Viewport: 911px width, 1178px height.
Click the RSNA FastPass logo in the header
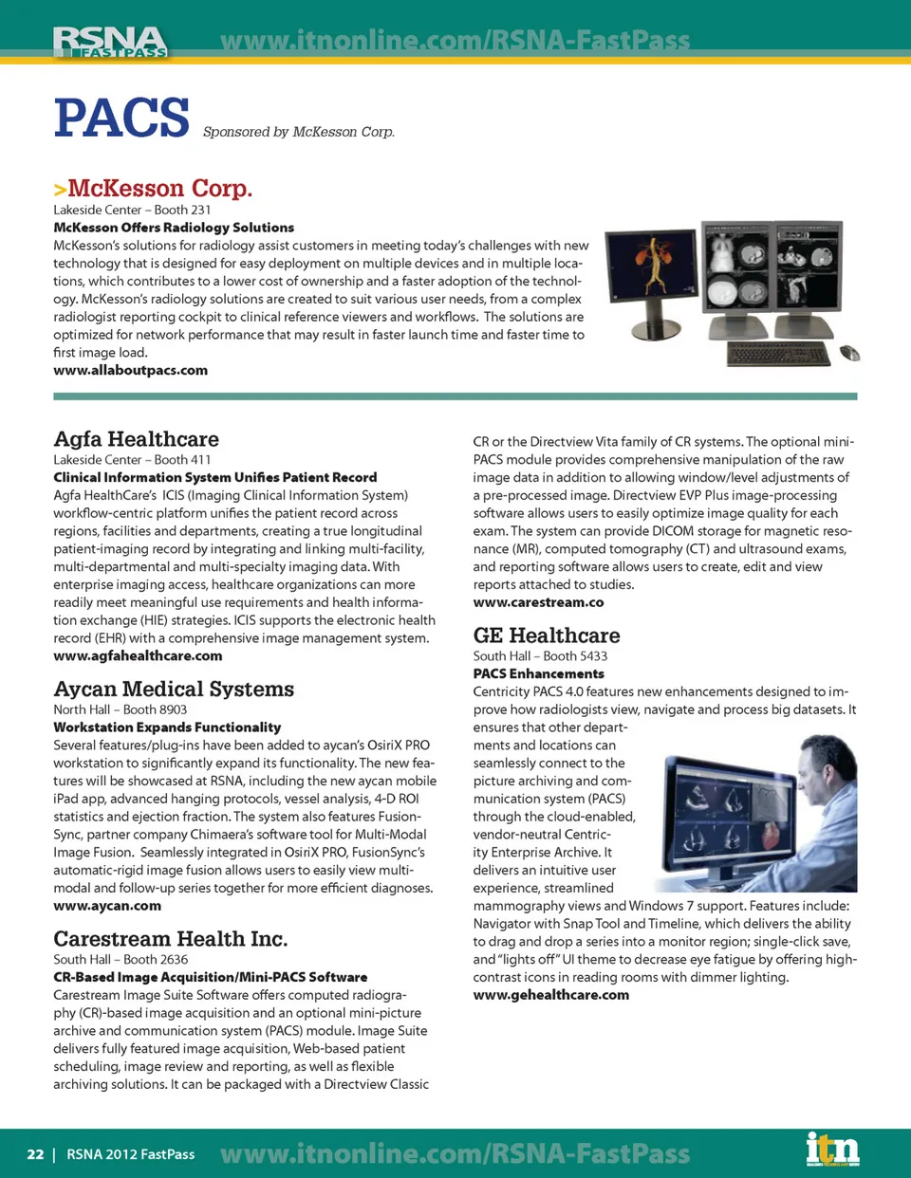(x=110, y=42)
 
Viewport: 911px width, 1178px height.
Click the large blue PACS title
(x=121, y=118)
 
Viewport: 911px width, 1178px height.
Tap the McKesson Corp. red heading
(x=159, y=188)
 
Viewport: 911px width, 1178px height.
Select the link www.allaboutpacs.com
(x=130, y=370)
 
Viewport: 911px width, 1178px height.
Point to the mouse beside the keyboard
(x=850, y=354)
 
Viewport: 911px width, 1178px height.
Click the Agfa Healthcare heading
(x=136, y=439)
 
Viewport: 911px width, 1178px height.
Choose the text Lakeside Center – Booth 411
(x=132, y=459)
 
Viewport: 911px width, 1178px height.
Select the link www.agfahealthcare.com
(x=138, y=655)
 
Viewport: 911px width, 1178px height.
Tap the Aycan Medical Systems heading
(x=174, y=689)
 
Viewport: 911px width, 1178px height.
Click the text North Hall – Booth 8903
(x=120, y=709)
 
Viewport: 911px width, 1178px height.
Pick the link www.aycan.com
(x=107, y=906)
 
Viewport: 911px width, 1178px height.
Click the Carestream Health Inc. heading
(x=171, y=939)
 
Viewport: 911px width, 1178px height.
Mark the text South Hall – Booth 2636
(x=121, y=959)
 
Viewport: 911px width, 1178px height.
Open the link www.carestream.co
(x=538, y=602)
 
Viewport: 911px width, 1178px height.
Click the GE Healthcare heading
(x=547, y=635)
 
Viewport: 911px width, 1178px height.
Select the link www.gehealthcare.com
(x=550, y=995)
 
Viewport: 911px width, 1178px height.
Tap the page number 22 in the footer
(x=35, y=1154)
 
